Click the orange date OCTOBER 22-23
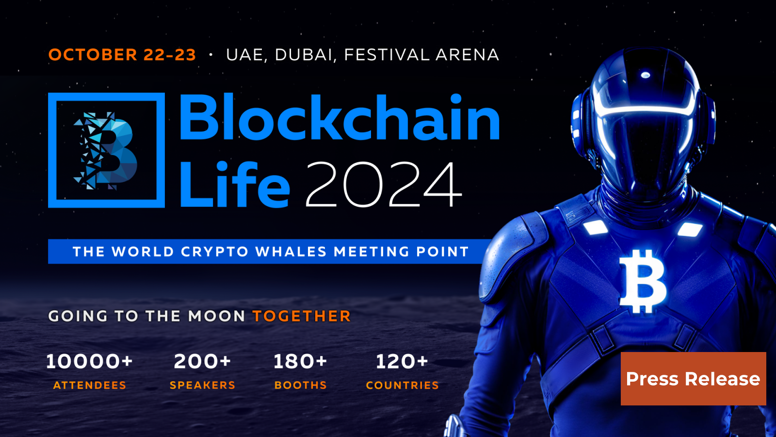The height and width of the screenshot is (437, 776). click(122, 55)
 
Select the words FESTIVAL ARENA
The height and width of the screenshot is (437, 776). click(421, 55)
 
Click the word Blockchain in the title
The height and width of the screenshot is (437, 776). click(339, 118)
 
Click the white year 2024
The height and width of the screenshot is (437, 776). click(384, 185)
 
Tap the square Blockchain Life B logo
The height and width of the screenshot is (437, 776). click(106, 150)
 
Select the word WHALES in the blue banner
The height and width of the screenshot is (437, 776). click(291, 252)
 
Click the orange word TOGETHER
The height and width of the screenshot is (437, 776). click(301, 316)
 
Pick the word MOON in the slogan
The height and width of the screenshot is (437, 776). click(216, 316)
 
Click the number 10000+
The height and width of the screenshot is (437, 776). click(89, 361)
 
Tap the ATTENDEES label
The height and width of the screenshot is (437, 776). click(90, 385)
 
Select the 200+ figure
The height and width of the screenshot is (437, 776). click(202, 361)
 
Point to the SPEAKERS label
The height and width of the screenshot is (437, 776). click(202, 385)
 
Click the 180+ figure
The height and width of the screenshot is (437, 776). click(300, 361)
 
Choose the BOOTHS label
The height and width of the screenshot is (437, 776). click(300, 385)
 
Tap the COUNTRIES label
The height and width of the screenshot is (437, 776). click(402, 385)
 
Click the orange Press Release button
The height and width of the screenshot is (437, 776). click(693, 379)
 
